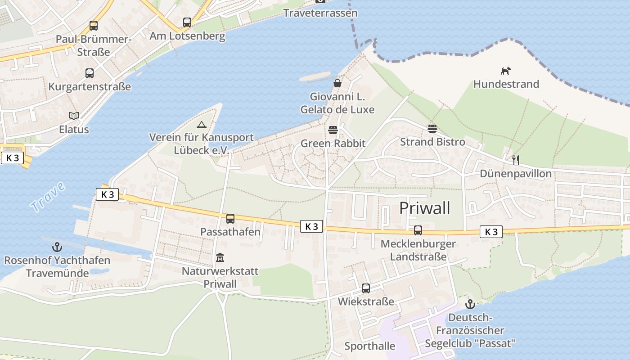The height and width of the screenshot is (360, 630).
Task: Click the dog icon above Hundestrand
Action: pos(506,71)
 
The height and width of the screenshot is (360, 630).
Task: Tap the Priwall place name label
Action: pos(424,208)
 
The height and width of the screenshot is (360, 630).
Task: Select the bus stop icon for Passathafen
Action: pos(230,219)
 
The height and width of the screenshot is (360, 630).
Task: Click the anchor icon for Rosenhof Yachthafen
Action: pos(57,247)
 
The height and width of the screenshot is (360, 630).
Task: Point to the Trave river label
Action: pos(48,197)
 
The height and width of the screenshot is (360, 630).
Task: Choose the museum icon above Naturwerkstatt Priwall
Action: pos(220,257)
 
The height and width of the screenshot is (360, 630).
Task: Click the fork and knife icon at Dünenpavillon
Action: pos(516,159)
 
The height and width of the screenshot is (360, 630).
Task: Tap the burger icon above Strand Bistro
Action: pos(432,129)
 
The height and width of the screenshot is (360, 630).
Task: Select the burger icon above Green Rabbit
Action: pos(333,130)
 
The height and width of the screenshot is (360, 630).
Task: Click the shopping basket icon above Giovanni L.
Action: pos(337,83)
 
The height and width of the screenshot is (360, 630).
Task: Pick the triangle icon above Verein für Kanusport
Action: pos(201,124)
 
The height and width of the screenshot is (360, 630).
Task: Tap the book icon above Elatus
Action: pos(74,116)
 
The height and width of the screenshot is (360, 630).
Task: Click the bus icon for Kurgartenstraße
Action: pos(90,73)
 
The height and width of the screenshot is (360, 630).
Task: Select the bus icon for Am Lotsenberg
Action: pos(187,22)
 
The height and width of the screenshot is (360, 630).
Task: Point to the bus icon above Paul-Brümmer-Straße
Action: pos(94,25)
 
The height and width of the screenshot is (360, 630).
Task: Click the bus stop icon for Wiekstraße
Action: pos(366,288)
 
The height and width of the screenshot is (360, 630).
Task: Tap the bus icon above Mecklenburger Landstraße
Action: pos(418,230)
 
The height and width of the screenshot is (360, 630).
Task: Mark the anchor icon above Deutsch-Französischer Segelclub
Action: pos(470,304)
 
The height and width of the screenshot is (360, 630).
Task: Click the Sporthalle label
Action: pos(369,346)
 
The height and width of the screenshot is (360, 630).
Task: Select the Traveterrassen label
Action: pos(320,13)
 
